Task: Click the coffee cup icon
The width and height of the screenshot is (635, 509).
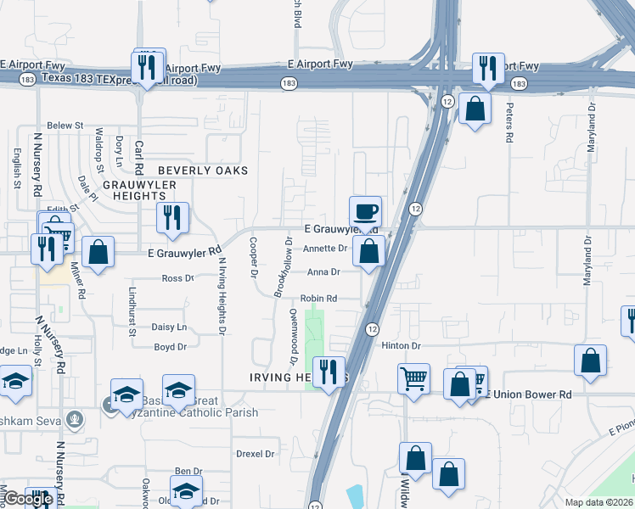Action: click(x=365, y=211)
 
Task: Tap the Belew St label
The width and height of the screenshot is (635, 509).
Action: click(x=65, y=125)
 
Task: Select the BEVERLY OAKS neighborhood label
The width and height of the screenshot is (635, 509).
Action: click(x=203, y=171)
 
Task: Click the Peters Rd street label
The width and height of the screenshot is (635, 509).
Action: click(x=509, y=124)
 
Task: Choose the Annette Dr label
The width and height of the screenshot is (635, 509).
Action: click(x=326, y=249)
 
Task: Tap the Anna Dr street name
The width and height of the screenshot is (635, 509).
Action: click(x=323, y=272)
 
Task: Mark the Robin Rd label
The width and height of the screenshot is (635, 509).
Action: click(x=319, y=299)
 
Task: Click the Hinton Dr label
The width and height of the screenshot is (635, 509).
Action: click(x=401, y=346)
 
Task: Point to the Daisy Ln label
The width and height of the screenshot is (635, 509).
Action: click(x=169, y=327)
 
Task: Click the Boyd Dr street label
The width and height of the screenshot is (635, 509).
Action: click(x=170, y=347)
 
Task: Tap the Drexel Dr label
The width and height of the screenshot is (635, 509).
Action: click(x=256, y=454)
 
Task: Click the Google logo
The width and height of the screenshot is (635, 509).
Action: click(x=28, y=499)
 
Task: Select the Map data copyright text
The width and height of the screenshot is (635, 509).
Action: click(x=599, y=502)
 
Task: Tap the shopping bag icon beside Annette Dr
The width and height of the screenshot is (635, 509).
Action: click(x=369, y=251)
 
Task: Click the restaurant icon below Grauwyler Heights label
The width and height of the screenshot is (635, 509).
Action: click(x=172, y=218)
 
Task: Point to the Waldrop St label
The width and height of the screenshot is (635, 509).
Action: click(x=99, y=145)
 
